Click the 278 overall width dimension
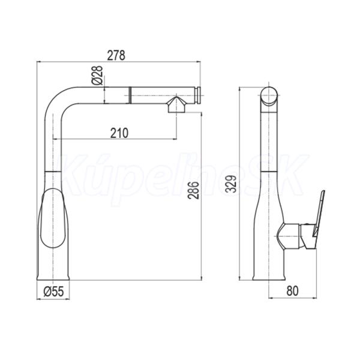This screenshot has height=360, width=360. tap(116, 56)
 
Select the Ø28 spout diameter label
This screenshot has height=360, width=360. tap(98, 76)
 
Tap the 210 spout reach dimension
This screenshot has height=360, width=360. tap(119, 133)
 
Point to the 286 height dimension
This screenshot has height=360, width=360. tap(193, 190)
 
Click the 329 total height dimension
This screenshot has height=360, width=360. tap(231, 184)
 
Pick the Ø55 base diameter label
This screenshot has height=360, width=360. tap(53, 292)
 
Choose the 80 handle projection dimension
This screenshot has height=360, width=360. tap(293, 290)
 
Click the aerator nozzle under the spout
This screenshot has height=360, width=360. tap(176, 104)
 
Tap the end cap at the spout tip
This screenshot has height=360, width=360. tap(198, 95)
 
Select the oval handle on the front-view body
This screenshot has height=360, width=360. tap(53, 218)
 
